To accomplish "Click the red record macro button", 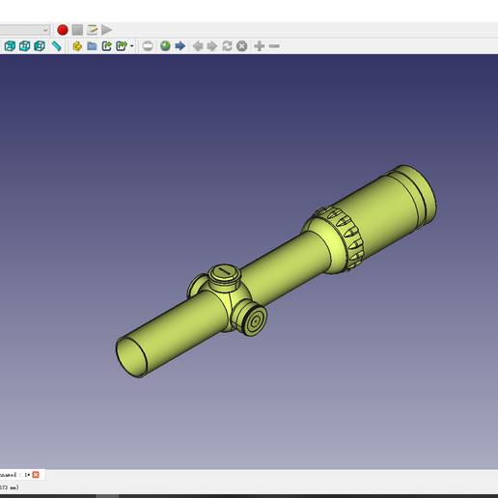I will pos(63,30).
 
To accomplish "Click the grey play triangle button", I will pos(107,30).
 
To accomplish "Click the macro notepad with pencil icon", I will pos(93,30).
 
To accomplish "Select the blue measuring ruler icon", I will pos(57,45).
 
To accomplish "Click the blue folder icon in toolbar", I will pos(92,45).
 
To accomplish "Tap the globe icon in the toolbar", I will pos(165,45).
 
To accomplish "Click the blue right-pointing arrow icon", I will pos(180,45).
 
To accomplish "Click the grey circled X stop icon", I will pos(242,45).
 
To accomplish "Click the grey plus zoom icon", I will pos(259,45).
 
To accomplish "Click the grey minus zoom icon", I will pos(274,45).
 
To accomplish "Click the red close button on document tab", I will pos(36,474).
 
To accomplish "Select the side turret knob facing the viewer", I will pos(254,319).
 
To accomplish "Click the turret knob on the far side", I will pos(197,286).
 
